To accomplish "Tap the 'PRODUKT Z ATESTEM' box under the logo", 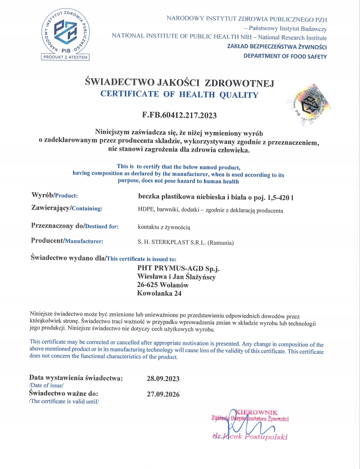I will (x=66, y=57).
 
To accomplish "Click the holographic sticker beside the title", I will (x=308, y=103).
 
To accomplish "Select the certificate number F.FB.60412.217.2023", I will (x=180, y=115).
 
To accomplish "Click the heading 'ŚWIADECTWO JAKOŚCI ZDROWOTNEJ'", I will (x=180, y=83).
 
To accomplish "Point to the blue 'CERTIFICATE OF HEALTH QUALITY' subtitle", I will (x=179, y=95).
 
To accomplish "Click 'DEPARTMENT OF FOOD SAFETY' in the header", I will (x=285, y=56).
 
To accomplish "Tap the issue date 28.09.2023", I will (x=163, y=378).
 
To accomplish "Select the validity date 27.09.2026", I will (x=163, y=394).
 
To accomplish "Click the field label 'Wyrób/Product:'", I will (x=55, y=195).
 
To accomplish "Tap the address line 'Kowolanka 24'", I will (x=159, y=294).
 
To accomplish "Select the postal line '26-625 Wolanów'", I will (x=163, y=285).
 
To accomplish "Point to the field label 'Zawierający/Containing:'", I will (x=67, y=209).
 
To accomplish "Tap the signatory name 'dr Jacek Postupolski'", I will (x=250, y=437).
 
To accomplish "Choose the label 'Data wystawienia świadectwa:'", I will (x=76, y=378).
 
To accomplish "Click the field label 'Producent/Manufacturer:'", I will (x=67, y=241).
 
